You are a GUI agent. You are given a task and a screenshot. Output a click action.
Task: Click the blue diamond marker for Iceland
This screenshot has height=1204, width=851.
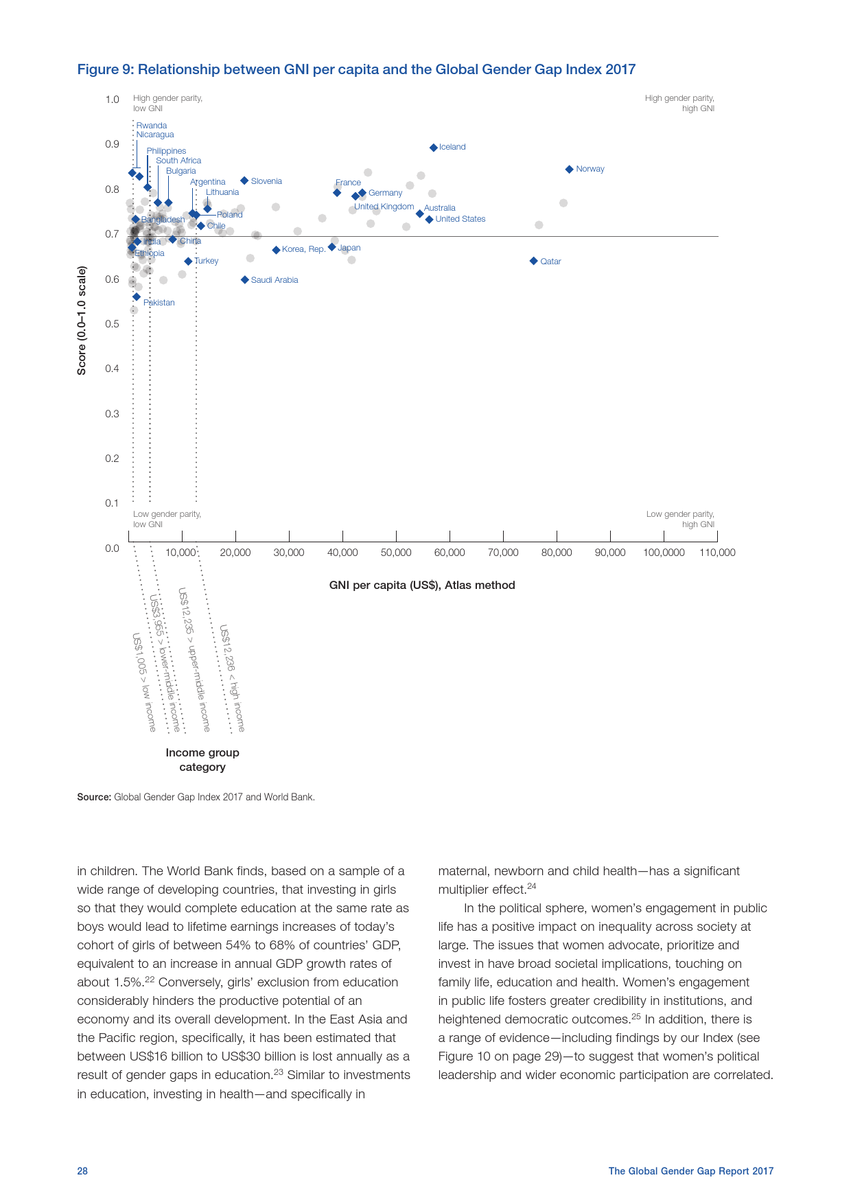pos(433,148)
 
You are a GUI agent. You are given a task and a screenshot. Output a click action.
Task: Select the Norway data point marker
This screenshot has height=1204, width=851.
pos(569,170)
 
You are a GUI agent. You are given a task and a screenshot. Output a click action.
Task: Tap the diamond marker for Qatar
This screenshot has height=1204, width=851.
pos(533,261)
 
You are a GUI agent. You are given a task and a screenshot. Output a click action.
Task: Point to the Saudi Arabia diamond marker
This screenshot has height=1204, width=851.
pos(244,280)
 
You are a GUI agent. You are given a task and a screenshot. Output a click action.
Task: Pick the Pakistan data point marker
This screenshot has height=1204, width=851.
pos(137,297)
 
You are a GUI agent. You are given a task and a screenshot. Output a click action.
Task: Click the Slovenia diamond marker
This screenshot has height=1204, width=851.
pos(244,181)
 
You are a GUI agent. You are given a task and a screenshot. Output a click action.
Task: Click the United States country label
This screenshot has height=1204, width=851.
pos(460,219)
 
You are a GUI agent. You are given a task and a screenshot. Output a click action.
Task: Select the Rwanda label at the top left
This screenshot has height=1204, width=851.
pos(151,126)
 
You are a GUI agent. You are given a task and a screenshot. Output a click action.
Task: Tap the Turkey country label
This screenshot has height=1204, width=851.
pos(206,261)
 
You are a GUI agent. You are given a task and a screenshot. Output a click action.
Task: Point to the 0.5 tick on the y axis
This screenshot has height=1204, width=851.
pos(112,324)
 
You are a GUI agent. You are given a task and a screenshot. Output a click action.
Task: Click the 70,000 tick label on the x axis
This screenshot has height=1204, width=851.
pos(503,553)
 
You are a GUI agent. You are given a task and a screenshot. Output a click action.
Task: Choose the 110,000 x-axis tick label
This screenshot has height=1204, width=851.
pos(717,553)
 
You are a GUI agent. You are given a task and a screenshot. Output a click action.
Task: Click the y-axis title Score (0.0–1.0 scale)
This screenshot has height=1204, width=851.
pos(82,321)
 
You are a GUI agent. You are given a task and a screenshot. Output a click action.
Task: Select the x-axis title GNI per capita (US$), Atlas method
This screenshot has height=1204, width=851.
pos(422,586)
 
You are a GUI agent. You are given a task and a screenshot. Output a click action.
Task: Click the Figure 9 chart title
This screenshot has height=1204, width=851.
pos(356,69)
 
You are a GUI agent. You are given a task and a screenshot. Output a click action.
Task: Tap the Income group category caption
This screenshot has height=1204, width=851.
pos(202,760)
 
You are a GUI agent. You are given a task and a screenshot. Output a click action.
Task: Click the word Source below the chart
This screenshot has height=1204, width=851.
pos(94,797)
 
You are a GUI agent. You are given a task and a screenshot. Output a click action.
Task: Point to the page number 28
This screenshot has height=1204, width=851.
pos(82,1171)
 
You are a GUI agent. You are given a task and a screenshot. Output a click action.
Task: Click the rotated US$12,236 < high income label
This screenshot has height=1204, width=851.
pos(232,678)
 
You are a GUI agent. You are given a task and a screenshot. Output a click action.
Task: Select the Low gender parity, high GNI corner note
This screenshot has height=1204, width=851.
pos(679,519)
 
